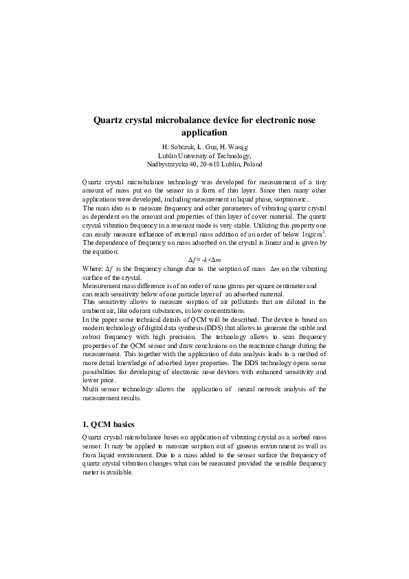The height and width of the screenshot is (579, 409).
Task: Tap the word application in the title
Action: pyautogui.click(x=203, y=132)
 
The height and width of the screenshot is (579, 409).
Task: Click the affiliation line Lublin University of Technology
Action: pyautogui.click(x=204, y=156)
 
